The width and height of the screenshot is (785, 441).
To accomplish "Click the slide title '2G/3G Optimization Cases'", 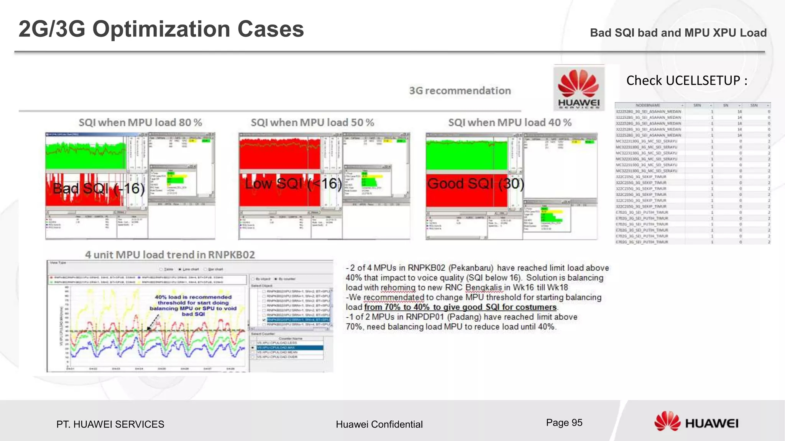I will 161,29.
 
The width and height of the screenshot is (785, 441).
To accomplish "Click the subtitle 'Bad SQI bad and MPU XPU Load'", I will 678,33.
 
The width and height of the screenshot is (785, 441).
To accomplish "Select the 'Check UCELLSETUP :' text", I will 686,80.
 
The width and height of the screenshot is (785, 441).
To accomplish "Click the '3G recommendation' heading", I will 460,91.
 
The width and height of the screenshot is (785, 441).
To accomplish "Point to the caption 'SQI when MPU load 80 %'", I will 140,122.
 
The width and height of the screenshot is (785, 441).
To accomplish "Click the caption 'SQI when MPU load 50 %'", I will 312,122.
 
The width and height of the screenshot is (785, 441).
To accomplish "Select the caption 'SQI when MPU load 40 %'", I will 510,122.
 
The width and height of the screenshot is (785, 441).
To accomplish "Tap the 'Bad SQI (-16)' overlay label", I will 99,188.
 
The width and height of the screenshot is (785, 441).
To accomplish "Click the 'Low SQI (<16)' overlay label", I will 293,184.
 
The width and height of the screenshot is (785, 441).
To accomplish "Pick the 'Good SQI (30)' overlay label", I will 476,184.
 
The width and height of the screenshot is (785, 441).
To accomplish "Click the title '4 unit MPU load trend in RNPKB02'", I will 170,255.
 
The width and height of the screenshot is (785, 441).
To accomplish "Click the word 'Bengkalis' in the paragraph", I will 483,287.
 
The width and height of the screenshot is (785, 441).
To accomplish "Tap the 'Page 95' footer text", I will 564,423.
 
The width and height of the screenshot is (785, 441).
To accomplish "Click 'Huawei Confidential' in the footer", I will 379,424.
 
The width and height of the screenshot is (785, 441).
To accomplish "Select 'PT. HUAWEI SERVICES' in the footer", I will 110,424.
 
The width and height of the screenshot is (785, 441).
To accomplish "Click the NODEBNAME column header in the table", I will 648,105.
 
